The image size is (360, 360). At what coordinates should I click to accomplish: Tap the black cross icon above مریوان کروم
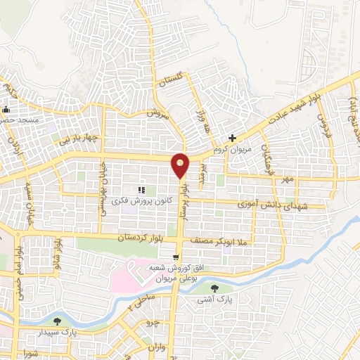click(x=231, y=138)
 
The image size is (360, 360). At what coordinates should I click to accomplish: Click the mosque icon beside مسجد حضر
click(x=7, y=110)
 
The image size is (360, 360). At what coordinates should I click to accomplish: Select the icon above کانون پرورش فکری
click(x=141, y=189)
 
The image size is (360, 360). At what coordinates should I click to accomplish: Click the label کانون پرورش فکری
click(x=141, y=200)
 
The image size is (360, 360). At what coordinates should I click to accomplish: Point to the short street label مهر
click(x=288, y=180)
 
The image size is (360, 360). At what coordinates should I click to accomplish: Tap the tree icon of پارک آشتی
click(x=215, y=288)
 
